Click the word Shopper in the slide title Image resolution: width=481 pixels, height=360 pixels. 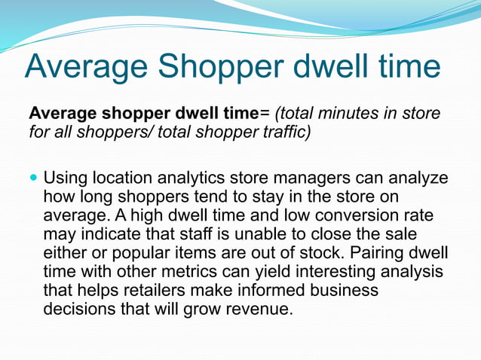pos(214,66)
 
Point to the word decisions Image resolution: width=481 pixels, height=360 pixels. pos(78,308)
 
